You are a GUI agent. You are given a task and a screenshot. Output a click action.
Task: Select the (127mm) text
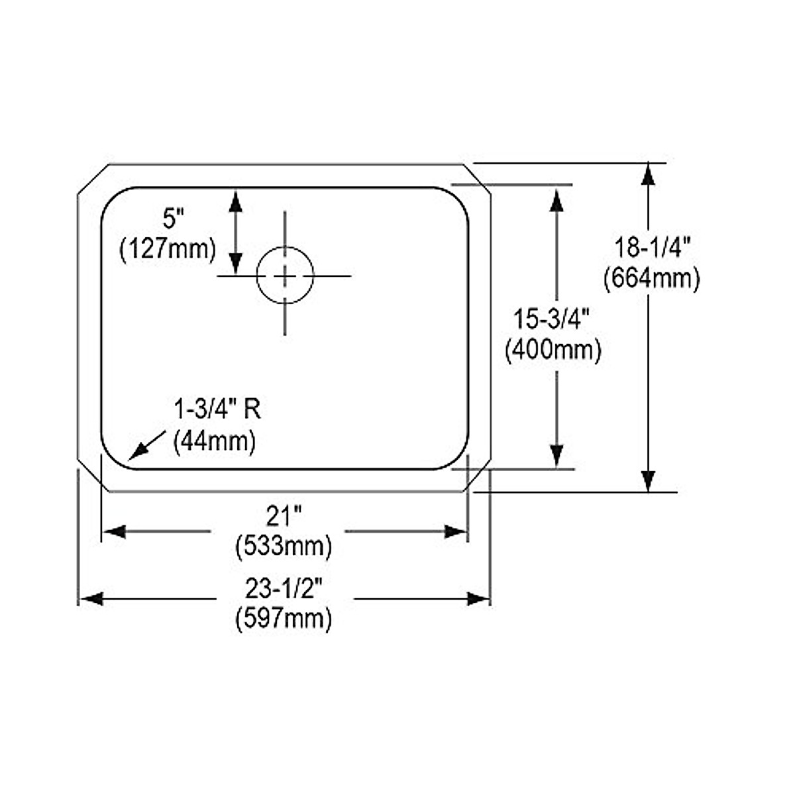coord(168,250)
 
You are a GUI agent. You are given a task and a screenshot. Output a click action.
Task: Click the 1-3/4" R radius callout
coord(217,410)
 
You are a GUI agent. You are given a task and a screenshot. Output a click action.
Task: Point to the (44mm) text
coord(214,441)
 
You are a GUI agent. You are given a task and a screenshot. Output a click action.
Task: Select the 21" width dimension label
coord(284,514)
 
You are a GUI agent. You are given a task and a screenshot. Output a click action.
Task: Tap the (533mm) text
coord(284,547)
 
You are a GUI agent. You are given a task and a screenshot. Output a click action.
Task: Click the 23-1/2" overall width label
coord(284,586)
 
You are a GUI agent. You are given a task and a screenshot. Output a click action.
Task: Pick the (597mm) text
coord(284,619)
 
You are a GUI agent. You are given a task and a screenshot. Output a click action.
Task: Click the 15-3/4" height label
coord(552,320)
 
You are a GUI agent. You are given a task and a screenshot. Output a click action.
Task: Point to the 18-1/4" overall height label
coord(652,248)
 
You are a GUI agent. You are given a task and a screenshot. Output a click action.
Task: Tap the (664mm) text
coord(652,279)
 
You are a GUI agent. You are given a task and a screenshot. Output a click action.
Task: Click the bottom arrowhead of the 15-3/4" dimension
coord(556,456)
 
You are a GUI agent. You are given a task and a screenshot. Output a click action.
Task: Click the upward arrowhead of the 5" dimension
coord(235,200)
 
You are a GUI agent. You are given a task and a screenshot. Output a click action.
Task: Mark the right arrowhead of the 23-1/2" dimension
coord(478,599)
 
